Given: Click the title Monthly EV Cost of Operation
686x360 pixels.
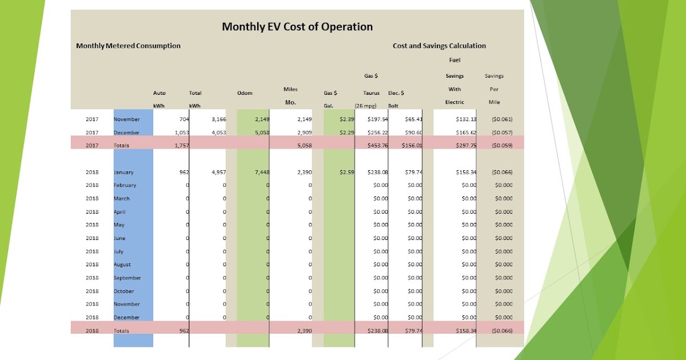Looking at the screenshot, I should click(x=297, y=27).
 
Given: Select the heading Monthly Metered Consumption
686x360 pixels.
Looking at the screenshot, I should click(x=128, y=46).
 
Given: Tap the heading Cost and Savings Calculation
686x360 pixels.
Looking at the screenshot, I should click(x=439, y=46).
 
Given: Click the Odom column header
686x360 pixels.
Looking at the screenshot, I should click(x=244, y=93).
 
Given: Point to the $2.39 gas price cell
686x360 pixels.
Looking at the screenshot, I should click(x=340, y=119).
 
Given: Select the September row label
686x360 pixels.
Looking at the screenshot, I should click(x=127, y=278).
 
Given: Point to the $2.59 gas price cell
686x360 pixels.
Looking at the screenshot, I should click(x=340, y=171).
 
